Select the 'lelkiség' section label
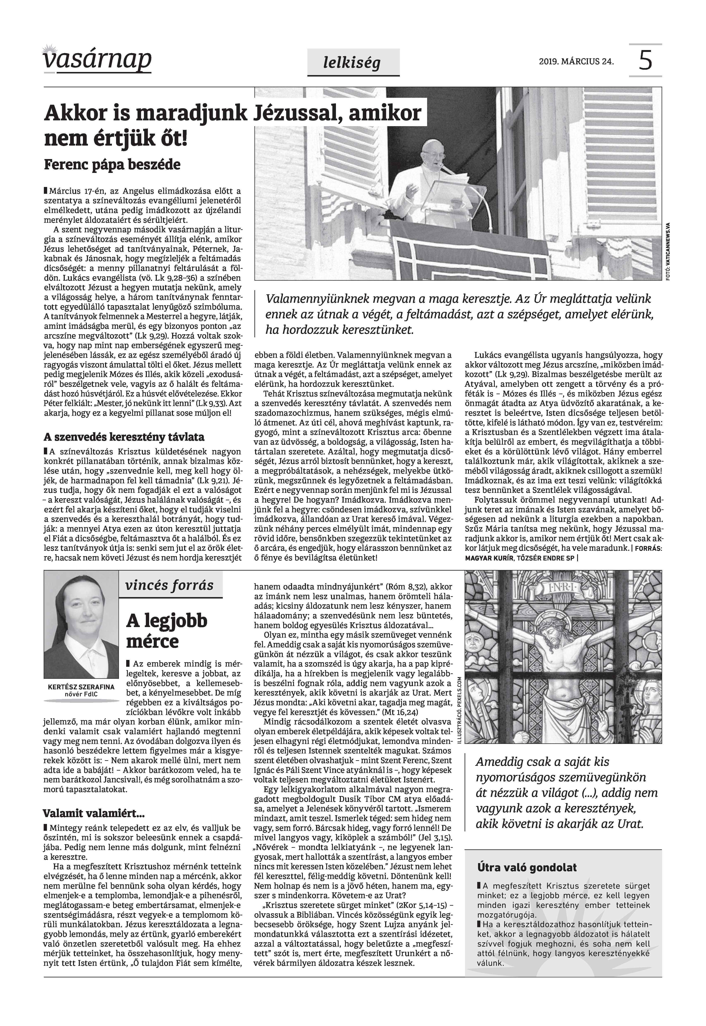tap(352, 63)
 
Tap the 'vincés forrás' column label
tap(169, 585)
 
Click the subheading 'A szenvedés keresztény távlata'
tap(124, 437)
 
